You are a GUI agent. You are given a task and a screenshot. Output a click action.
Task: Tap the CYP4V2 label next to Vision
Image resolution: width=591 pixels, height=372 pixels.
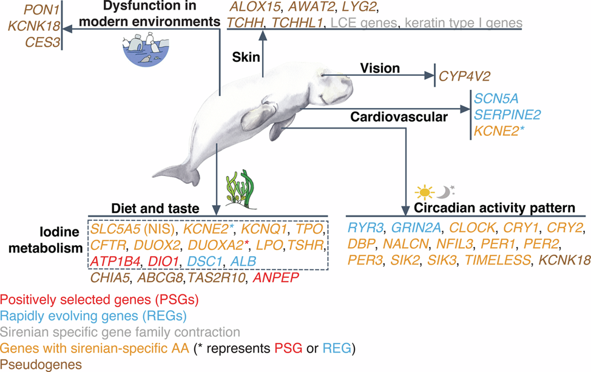pos(465,76)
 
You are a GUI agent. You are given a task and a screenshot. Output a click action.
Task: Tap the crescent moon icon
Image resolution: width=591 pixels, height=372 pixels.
pos(447,192)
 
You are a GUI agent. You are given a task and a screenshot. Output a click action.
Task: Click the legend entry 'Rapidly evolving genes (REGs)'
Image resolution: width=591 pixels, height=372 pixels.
pos(93,316)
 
